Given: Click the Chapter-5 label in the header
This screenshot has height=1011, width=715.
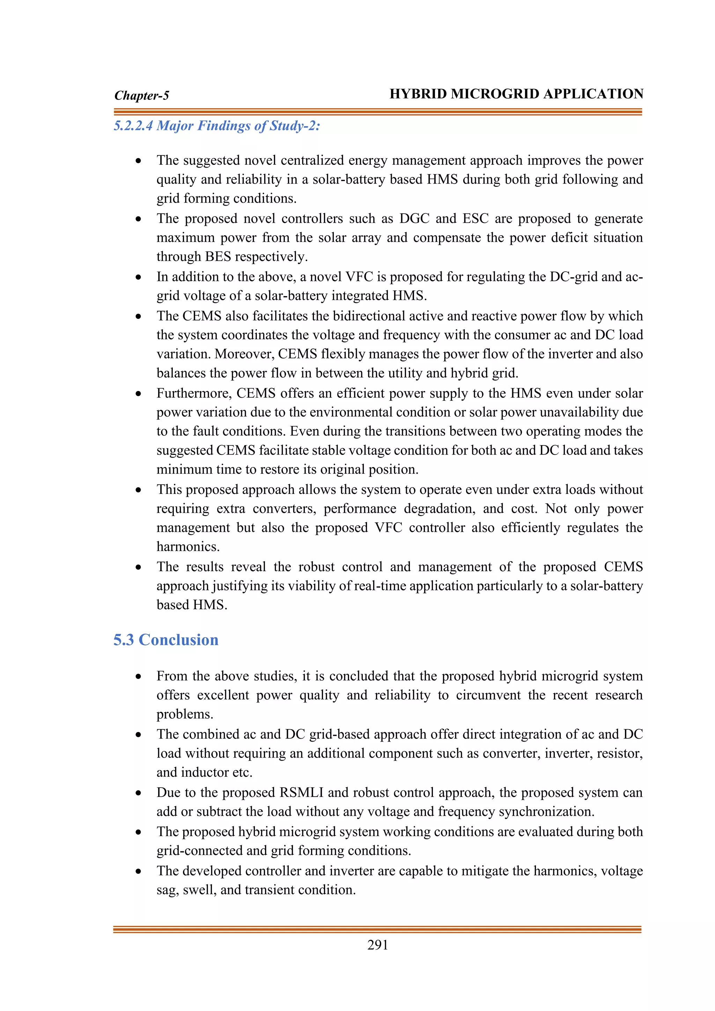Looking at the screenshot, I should (x=141, y=96).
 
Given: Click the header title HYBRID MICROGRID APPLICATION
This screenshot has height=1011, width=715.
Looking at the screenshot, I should (x=516, y=94).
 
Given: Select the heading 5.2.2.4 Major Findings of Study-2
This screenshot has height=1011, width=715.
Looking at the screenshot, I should (x=216, y=126).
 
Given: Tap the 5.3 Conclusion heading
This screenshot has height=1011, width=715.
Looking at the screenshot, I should (x=165, y=640).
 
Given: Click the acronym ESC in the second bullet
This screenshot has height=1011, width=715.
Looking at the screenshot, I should (x=475, y=219).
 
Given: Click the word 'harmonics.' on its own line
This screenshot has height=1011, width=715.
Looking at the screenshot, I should (x=188, y=547).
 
